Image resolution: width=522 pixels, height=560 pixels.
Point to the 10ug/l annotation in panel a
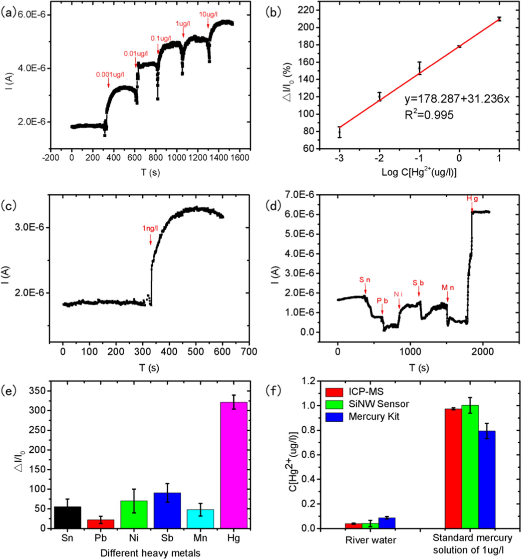[x=208, y=14]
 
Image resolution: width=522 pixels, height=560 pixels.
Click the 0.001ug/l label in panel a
[x=110, y=75]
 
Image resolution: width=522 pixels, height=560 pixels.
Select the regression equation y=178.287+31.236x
[x=457, y=99]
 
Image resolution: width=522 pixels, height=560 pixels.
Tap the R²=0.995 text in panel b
[x=429, y=115]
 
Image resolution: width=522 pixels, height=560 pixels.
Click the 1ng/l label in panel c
[x=150, y=228]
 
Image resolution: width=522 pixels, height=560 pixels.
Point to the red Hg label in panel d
[x=472, y=199]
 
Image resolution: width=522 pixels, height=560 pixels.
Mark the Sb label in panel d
[x=418, y=283]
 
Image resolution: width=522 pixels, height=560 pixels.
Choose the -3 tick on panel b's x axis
[x=339, y=158]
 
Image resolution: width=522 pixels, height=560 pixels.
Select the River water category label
[x=371, y=540]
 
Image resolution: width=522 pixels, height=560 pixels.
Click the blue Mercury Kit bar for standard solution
[x=487, y=479]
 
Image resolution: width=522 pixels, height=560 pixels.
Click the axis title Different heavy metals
[x=150, y=553]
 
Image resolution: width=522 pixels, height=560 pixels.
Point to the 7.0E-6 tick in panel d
[x=300, y=194]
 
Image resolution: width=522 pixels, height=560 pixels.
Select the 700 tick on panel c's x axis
[x=249, y=351]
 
